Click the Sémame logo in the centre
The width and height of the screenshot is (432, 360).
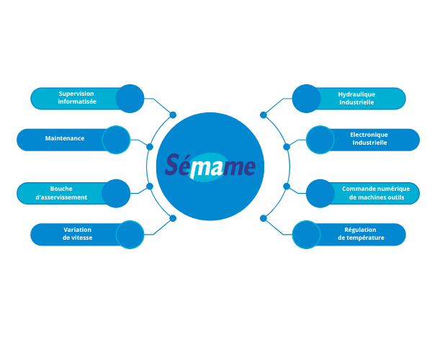click(x=210, y=166)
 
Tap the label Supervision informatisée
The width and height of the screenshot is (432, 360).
click(x=77, y=97)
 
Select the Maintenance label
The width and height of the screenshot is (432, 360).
click(x=65, y=138)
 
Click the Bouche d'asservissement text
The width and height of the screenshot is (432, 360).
click(x=61, y=193)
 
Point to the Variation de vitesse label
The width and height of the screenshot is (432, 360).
click(x=78, y=233)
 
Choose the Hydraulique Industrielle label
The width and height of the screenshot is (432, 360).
click(x=356, y=99)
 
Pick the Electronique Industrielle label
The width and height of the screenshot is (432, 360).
click(x=369, y=138)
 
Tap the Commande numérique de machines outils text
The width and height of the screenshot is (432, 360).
click(x=376, y=193)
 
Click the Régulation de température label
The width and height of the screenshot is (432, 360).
click(x=361, y=233)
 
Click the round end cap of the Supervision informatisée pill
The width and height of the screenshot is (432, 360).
click(x=130, y=99)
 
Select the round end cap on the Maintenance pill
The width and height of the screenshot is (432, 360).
click(x=116, y=140)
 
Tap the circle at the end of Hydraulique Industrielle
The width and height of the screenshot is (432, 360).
click(x=307, y=99)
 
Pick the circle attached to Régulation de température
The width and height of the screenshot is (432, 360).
click(x=307, y=235)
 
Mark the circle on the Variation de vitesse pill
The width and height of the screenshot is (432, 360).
click(x=130, y=235)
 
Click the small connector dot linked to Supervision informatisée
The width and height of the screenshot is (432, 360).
click(x=173, y=115)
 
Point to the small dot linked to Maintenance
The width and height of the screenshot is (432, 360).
click(x=150, y=147)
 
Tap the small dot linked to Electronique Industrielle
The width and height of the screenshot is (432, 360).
click(x=287, y=147)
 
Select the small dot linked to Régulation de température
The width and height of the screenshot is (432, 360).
click(x=264, y=218)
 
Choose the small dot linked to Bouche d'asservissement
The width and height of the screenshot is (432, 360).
click(x=150, y=186)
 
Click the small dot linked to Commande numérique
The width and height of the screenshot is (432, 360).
click(x=287, y=186)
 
